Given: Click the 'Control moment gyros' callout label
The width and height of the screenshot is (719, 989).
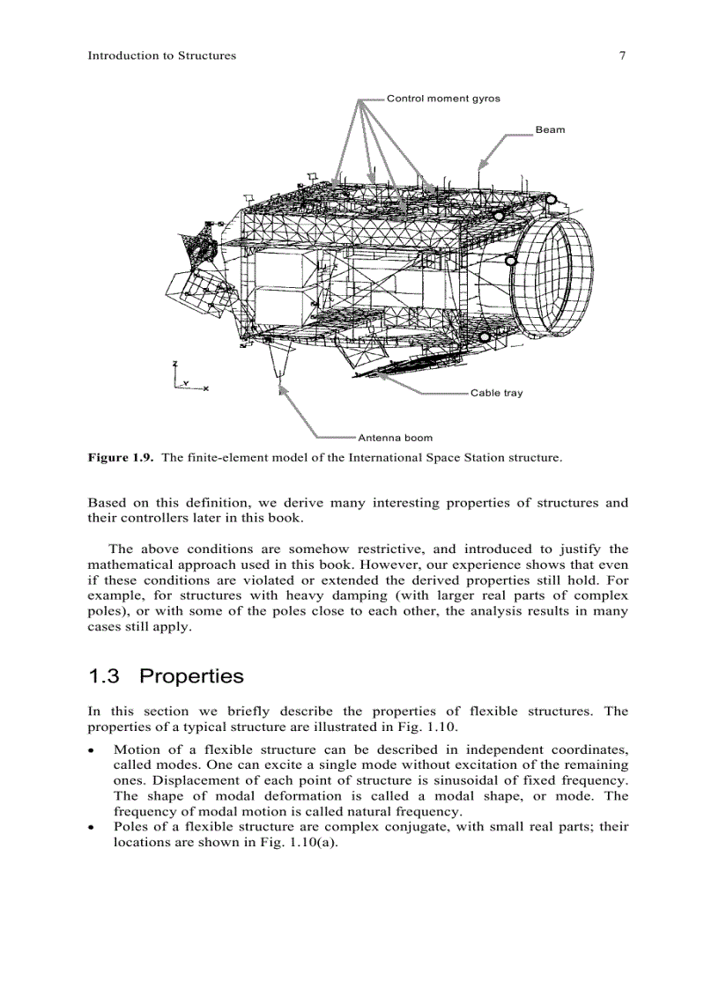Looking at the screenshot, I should [x=443, y=99].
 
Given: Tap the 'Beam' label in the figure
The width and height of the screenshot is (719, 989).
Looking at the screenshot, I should [x=550, y=130].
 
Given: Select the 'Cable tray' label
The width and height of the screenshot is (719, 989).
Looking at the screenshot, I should [x=496, y=393].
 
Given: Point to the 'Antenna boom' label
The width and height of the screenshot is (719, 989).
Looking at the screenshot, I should [x=395, y=437].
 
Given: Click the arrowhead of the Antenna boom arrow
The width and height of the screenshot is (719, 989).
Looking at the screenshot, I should [x=282, y=388].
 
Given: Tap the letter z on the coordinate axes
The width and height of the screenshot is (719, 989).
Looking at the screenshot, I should [x=175, y=364].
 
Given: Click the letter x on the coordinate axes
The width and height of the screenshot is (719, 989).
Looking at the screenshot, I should [x=205, y=388].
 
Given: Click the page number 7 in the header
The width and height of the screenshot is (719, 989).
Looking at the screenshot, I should [x=622, y=55].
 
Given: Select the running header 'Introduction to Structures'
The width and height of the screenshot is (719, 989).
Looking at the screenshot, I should [x=162, y=55].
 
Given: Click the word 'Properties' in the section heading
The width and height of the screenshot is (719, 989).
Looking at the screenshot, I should [x=191, y=676].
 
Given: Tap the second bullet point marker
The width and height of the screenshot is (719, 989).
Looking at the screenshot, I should [x=93, y=828].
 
